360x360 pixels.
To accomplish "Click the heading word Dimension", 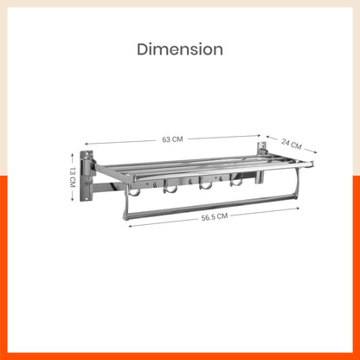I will click(x=179, y=49).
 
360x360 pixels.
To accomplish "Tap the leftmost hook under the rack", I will click(x=134, y=190).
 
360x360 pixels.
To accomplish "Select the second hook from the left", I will click(x=171, y=188).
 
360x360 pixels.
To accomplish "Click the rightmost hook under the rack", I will click(x=235, y=183).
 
